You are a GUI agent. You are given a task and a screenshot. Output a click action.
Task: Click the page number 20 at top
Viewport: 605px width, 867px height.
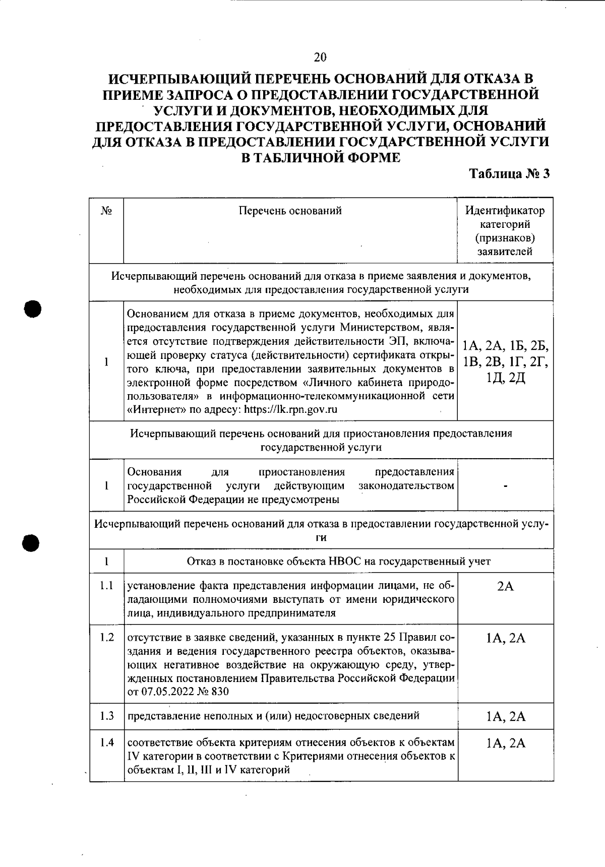320,57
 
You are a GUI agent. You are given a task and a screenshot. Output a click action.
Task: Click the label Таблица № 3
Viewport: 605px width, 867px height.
509,174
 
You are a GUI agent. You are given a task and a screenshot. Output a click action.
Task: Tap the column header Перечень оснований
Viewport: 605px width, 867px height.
290,211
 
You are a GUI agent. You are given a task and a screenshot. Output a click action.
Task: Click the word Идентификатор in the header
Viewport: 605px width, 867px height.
505,211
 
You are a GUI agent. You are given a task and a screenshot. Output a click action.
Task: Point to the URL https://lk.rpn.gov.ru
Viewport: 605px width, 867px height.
291,409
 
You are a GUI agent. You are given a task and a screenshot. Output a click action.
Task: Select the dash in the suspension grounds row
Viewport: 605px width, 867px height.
505,486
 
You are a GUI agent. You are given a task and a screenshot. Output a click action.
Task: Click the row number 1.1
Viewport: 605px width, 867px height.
106,586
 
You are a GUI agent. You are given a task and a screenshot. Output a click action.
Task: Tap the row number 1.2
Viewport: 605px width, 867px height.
106,637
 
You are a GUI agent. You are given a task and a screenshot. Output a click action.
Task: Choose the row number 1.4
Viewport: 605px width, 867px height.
106,742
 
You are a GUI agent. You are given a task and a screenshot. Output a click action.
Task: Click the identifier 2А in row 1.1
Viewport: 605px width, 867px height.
505,586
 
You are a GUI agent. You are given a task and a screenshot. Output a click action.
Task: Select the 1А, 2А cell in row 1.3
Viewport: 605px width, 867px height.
505,716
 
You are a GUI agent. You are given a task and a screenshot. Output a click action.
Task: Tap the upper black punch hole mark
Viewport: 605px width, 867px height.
32,308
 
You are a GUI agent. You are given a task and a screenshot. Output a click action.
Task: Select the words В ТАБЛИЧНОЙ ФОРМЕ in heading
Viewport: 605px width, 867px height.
321,157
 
